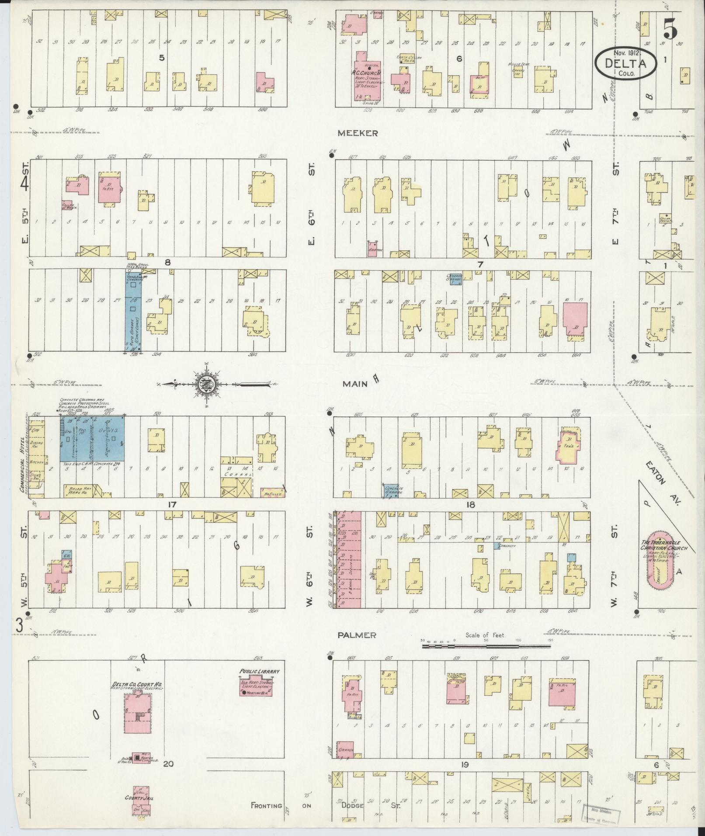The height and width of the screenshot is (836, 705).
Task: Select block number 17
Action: (x=171, y=504)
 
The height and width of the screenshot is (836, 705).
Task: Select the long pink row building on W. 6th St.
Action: (x=348, y=560)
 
